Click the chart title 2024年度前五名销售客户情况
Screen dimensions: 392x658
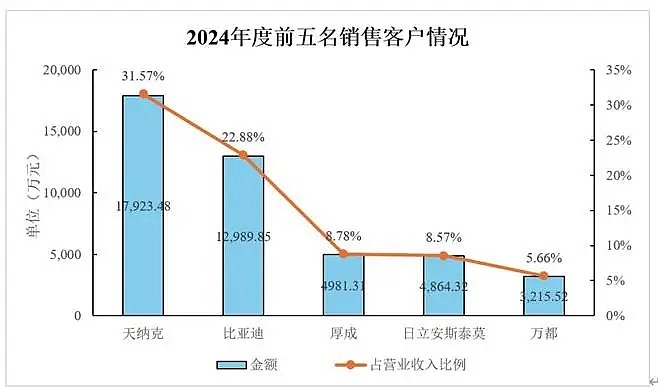[x=328, y=38]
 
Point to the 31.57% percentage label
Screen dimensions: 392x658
[x=143, y=76]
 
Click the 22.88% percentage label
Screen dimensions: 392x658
[x=243, y=137]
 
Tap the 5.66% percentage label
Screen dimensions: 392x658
[x=544, y=257]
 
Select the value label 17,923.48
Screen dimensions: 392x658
[x=143, y=206]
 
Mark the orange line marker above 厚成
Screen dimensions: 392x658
[x=343, y=254]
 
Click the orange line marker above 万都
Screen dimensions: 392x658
[x=544, y=276]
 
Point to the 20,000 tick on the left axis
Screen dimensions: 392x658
[x=58, y=70]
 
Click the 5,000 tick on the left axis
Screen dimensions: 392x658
[x=62, y=254]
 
